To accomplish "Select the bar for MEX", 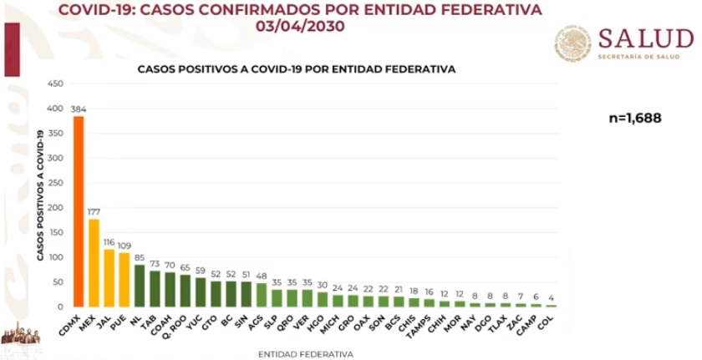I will coord(94,262).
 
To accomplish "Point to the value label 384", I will coord(79,109).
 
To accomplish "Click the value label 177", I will coord(94,212).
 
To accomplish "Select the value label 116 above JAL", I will coord(109,242).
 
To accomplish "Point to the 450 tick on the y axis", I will coord(55,84).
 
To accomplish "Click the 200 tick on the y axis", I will coord(55,208).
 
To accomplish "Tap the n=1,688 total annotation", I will coord(635,119).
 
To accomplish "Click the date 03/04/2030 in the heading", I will coord(302,26).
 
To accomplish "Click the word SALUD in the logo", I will coord(645,38).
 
